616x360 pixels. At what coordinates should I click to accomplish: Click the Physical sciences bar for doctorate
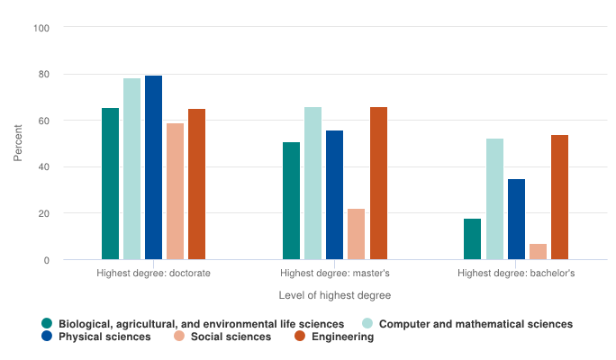pyautogui.click(x=153, y=167)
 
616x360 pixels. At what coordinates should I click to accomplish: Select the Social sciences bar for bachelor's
pyautogui.click(x=538, y=252)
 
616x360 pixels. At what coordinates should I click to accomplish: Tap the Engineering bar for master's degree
pyautogui.click(x=378, y=184)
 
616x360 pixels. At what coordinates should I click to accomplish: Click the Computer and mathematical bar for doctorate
pyautogui.click(x=131, y=169)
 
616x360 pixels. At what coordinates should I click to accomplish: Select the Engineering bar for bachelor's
pyautogui.click(x=559, y=197)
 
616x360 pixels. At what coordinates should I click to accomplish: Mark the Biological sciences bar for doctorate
pyautogui.click(x=110, y=184)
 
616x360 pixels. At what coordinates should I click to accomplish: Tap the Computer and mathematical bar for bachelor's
pyautogui.click(x=494, y=199)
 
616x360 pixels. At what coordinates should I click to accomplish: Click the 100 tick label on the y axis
pyautogui.click(x=42, y=28)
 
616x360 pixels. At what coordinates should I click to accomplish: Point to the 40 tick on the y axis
pyautogui.click(x=44, y=167)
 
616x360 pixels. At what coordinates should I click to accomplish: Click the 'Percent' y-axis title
pyautogui.click(x=18, y=144)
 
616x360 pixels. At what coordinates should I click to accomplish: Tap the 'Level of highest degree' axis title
pyautogui.click(x=334, y=294)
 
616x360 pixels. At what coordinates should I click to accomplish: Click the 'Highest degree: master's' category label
pyautogui.click(x=334, y=273)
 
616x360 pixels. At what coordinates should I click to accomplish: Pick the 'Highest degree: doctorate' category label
pyautogui.click(x=153, y=273)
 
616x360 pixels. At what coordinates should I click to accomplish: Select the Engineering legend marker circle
pyautogui.click(x=301, y=337)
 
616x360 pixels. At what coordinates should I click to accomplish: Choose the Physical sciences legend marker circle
pyautogui.click(x=47, y=337)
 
